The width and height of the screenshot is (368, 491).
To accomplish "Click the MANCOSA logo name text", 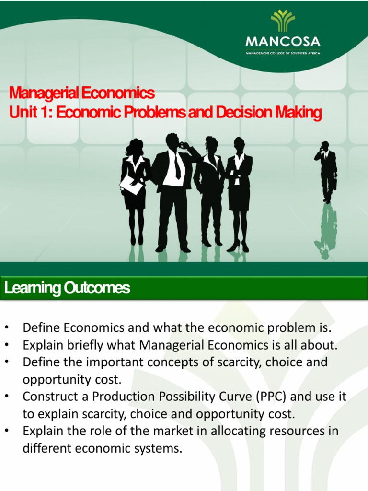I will point(283,41).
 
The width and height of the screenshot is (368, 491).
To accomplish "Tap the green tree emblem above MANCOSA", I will point(283,20).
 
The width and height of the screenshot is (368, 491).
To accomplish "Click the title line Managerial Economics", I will point(82,92).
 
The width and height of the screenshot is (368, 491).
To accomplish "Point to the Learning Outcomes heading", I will point(67,288).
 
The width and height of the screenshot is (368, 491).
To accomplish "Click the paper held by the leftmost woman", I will point(131,185).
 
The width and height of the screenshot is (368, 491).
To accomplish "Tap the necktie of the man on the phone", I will point(177,166).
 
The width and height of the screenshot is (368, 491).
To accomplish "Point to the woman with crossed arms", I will point(238,192).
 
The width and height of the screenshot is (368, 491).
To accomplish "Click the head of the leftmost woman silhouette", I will point(136,147).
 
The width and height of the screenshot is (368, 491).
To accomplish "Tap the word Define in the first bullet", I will point(42,328).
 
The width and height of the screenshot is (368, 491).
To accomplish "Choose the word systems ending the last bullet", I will point(161,448).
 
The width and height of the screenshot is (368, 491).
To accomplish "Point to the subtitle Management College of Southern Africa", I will point(283,53).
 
